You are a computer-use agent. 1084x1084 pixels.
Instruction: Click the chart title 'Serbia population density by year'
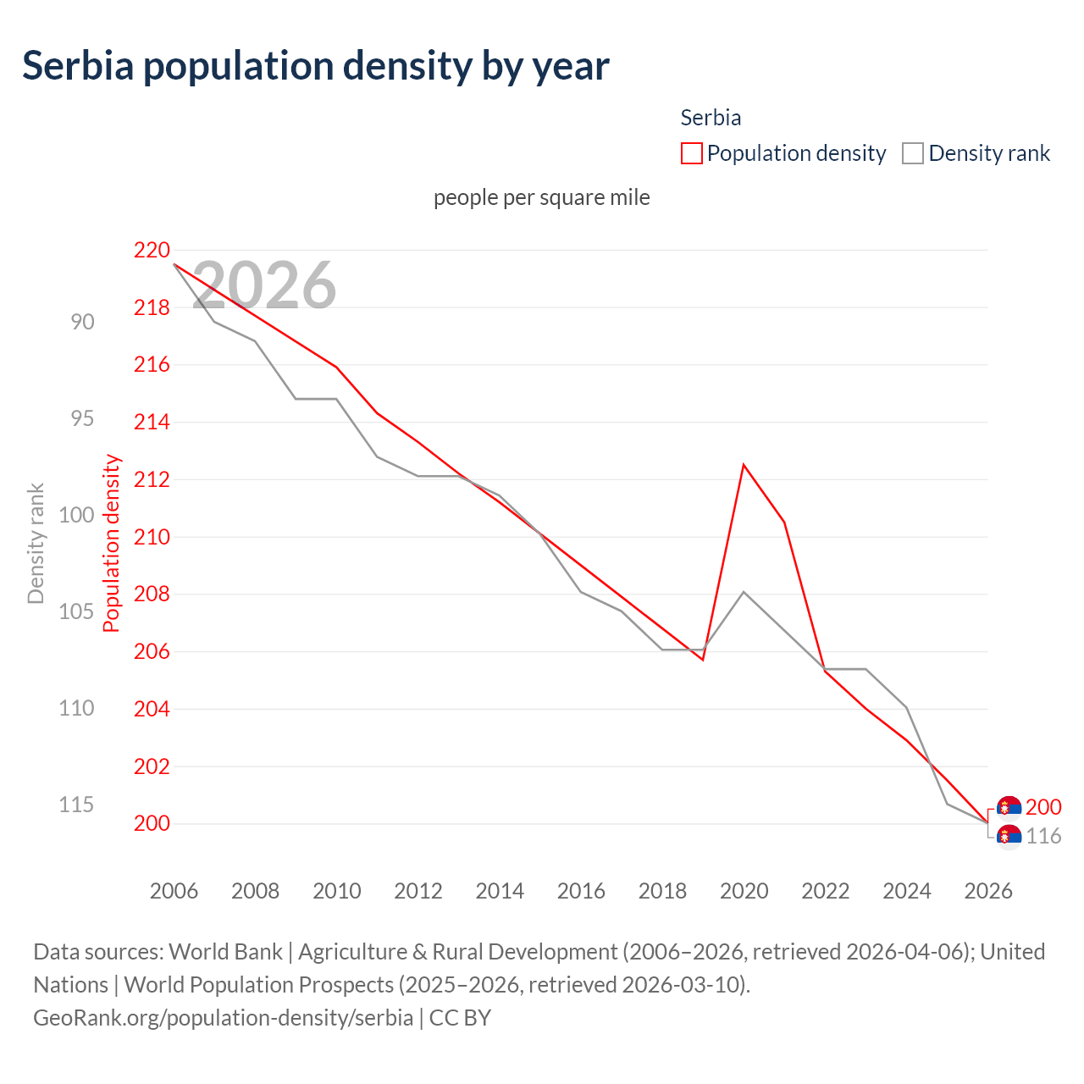[x=315, y=66]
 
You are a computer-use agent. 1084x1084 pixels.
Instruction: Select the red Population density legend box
[x=692, y=153]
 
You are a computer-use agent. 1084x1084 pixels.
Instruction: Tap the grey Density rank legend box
[x=912, y=153]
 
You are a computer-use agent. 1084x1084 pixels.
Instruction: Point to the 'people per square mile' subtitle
[x=541, y=197]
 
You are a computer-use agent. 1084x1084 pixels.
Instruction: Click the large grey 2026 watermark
[x=264, y=285]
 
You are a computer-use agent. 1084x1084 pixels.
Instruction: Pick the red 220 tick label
[x=152, y=251]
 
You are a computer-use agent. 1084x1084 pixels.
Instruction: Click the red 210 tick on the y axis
[x=152, y=537]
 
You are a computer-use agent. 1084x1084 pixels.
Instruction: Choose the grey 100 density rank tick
[x=76, y=515]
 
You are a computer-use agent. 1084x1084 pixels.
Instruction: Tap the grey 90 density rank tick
[x=82, y=322]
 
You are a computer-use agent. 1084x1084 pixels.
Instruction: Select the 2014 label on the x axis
[x=500, y=891]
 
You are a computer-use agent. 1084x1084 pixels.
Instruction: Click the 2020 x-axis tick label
[x=744, y=891]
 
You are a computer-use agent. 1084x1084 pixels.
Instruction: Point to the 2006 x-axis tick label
[x=174, y=891]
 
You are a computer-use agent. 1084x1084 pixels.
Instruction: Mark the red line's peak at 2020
[x=744, y=465]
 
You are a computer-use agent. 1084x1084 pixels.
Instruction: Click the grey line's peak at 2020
[x=744, y=591]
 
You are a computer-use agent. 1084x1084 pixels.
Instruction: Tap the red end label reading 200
[x=1043, y=808]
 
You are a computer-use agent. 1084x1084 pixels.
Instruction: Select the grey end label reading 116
[x=1043, y=837]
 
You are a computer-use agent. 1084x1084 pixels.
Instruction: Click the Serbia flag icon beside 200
[x=1009, y=808]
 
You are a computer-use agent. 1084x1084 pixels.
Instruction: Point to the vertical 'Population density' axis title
[x=112, y=544]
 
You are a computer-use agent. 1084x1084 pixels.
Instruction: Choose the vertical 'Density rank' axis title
[x=36, y=544]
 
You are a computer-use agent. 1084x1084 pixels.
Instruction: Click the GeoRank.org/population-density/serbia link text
[x=223, y=1017]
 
